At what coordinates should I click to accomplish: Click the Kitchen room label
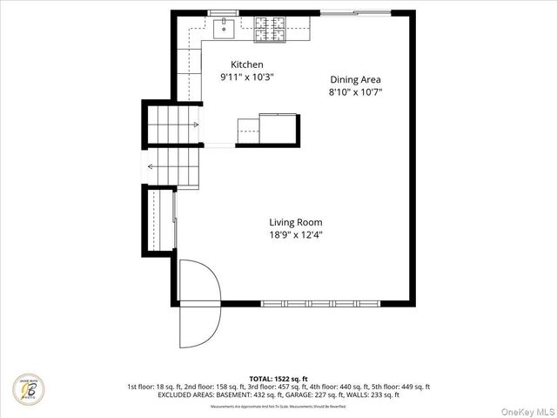coord(246,65)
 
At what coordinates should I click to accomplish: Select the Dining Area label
coord(355,79)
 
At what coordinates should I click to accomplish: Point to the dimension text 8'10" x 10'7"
coord(355,91)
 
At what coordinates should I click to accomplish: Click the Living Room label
coord(296,222)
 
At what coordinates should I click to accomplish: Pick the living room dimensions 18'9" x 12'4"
coord(296,234)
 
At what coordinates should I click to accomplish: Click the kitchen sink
coord(225,29)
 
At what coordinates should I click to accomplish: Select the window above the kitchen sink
coord(224,13)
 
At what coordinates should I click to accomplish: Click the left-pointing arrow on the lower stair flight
coord(153,166)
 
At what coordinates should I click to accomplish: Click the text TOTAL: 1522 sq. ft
coord(278,378)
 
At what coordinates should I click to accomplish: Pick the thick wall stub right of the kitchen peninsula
coord(297,131)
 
